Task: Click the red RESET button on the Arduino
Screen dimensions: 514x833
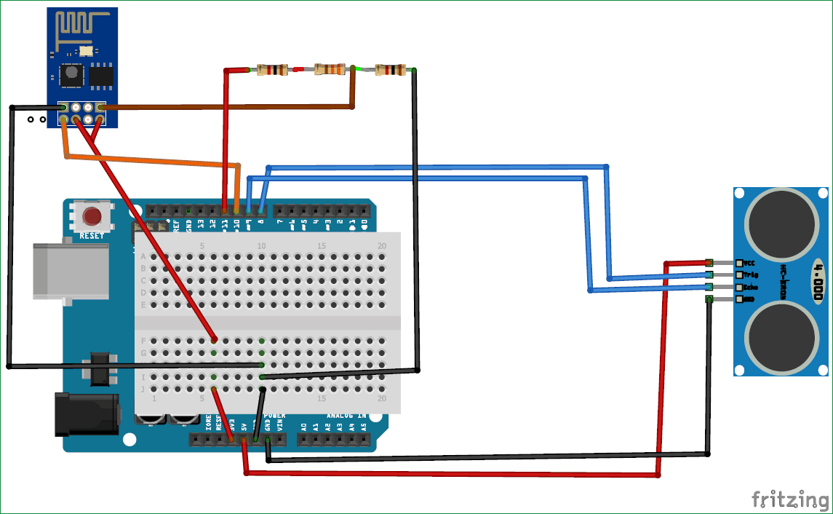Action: [92, 217]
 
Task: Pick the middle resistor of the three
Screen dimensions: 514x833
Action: [330, 70]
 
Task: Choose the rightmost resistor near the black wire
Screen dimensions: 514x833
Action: [389, 70]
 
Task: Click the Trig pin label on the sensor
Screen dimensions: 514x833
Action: [752, 275]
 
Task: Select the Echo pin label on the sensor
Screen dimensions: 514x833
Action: [752, 288]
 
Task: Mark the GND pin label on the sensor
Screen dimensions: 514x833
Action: [750, 299]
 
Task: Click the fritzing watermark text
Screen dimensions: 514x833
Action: [790, 499]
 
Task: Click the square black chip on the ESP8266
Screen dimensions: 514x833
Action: [71, 73]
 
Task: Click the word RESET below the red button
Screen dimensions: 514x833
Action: [92, 236]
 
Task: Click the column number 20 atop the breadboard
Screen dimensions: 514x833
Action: [382, 246]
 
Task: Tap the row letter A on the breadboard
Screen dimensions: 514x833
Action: [143, 256]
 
